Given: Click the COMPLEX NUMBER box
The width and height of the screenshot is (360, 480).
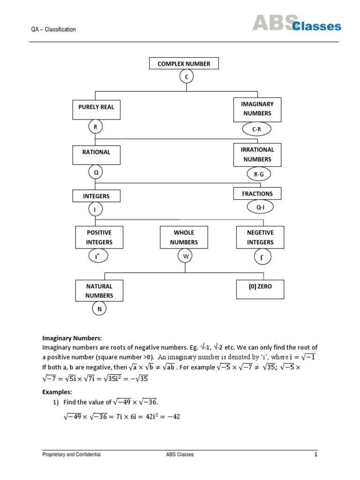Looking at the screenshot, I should [184, 63].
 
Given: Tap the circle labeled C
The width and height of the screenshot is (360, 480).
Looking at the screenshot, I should [187, 76].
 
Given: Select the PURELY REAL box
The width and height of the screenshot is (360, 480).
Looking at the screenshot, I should [95, 110].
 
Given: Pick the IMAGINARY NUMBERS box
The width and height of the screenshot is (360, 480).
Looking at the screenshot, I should [257, 109].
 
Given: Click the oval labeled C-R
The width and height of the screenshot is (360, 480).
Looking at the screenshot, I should [256, 129].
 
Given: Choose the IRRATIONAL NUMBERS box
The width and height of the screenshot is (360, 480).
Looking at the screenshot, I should [257, 155].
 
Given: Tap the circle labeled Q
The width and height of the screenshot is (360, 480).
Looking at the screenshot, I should [96, 172].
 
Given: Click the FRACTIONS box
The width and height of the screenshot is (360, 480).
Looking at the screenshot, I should [257, 193].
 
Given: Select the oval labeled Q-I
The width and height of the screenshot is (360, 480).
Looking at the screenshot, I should [257, 207].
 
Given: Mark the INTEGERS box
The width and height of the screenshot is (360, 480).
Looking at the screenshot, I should [96, 196].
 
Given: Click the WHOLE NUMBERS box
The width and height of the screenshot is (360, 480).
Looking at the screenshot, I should [184, 237].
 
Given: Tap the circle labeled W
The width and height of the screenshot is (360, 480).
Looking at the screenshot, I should [185, 256].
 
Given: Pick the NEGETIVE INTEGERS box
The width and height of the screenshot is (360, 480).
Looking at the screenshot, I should [260, 237].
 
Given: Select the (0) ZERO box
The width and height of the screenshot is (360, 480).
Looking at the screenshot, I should [260, 289].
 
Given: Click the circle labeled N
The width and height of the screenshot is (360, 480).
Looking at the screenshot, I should [99, 309].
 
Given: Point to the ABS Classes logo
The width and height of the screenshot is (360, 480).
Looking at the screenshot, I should [297, 23].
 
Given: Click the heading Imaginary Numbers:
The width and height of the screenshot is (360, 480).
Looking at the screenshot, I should [72, 338].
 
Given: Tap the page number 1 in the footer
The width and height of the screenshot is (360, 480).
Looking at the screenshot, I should [316, 454].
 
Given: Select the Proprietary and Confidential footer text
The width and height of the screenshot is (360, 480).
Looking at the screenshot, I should [71, 454].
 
